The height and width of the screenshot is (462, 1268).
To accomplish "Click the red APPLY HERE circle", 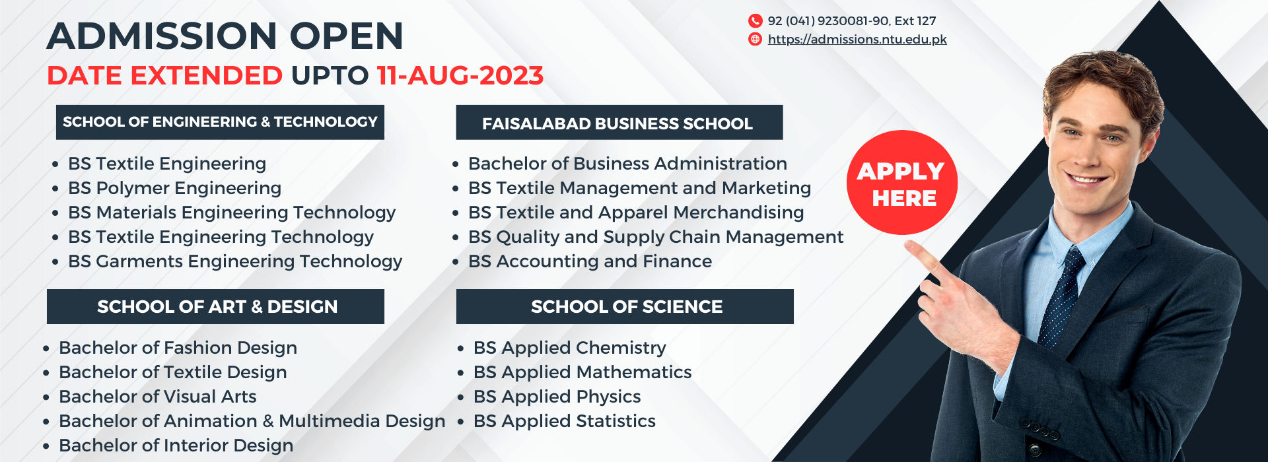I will (x=901, y=183).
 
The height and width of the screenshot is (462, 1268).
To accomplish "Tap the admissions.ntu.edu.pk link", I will (x=857, y=40).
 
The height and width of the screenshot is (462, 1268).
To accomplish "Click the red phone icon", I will (x=755, y=21).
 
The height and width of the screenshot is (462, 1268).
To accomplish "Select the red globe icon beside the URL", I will (x=755, y=40).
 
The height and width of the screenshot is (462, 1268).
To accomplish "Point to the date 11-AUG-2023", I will (x=460, y=76).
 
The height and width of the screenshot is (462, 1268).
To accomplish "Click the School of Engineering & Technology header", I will (x=220, y=122).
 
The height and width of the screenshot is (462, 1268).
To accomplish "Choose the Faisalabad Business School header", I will (x=619, y=123).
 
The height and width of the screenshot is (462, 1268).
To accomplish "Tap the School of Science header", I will (x=625, y=307).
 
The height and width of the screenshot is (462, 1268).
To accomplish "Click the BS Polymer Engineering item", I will (x=174, y=188).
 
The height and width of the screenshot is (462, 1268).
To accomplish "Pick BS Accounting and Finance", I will (x=590, y=261).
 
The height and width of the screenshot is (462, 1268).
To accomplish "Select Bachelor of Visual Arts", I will (x=157, y=397).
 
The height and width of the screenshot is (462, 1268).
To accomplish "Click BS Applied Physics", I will (x=557, y=397).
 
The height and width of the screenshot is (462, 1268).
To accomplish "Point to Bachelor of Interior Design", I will (x=176, y=445).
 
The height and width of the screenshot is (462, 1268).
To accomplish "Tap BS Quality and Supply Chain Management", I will (x=655, y=237).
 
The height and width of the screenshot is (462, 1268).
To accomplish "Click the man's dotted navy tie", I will (x=1063, y=297).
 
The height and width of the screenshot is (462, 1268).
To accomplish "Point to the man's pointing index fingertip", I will (x=910, y=246).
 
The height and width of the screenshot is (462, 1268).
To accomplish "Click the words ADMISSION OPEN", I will (x=225, y=36).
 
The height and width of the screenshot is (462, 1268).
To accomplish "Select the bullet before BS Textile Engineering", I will (x=55, y=164).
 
